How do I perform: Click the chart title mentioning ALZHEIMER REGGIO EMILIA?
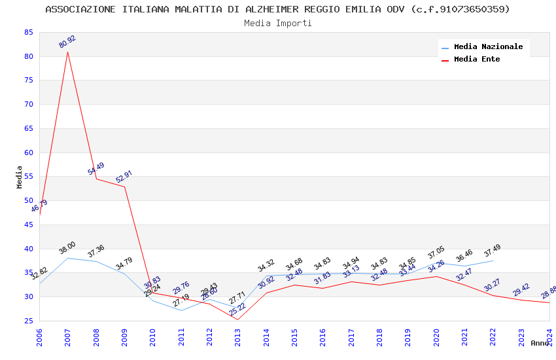(x=277, y=9)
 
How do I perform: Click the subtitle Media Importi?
(x=277, y=24)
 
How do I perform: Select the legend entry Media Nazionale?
(x=488, y=47)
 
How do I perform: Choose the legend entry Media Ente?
(x=477, y=60)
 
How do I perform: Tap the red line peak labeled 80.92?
(x=67, y=52)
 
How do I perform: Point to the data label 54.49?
(x=96, y=170)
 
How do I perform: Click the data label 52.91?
(x=124, y=177)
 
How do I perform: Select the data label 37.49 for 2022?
(x=492, y=251)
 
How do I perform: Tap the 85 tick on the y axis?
(x=27, y=32)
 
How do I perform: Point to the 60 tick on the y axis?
(x=27, y=153)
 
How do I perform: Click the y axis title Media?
(x=20, y=177)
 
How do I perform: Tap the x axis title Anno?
(x=540, y=343)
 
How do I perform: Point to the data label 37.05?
(x=436, y=253)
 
